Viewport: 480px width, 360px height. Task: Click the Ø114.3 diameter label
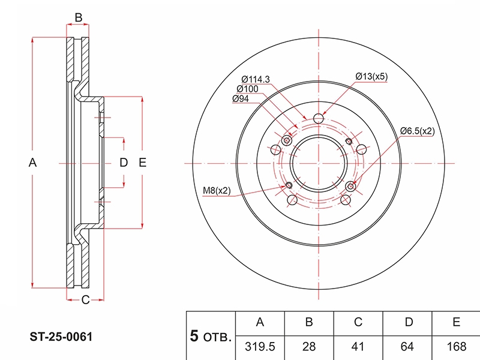pos(256,79)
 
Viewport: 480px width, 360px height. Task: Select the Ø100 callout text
pos(247,89)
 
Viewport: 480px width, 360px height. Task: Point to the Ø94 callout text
pos(241,98)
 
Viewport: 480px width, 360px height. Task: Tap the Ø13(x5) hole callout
pos(371,76)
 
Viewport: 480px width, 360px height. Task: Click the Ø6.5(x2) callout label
pos(418,131)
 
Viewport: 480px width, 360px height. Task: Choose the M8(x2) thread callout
pos(217,190)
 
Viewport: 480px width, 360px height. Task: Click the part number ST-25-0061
pos(61,337)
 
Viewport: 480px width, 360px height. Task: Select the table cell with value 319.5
pos(260,347)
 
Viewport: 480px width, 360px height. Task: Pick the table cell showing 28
pos(309,347)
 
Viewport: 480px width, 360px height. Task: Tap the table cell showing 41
pos(358,347)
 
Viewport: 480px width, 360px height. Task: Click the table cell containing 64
pos(407,347)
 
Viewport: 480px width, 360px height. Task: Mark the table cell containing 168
pos(456,347)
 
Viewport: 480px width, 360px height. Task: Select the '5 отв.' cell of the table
pos(211,336)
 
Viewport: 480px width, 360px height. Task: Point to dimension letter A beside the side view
pos(33,162)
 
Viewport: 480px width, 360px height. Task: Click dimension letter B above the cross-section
pos(79,17)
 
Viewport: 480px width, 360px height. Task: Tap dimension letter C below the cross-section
pos(85,299)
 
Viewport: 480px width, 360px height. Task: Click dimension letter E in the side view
pos(142,162)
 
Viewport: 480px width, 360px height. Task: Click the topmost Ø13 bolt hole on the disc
pos(319,118)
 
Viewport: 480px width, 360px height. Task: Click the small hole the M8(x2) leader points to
pos(289,185)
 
